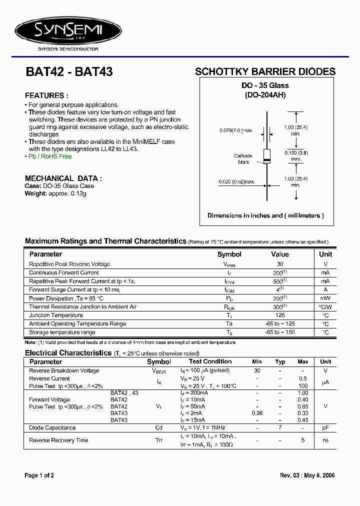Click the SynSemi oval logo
tap(68, 31)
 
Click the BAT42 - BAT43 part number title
tap(69, 72)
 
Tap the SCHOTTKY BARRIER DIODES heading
tap(265, 72)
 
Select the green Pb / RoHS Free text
tap(48, 156)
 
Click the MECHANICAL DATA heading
tap(63, 178)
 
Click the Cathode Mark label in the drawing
tap(243, 159)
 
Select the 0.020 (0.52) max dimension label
tap(236, 181)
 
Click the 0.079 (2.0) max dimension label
tap(236, 130)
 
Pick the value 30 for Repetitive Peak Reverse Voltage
tap(280, 264)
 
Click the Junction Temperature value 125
tap(280, 315)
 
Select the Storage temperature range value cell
tap(280, 332)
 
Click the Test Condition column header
tap(210, 361)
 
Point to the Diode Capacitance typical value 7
tap(280, 428)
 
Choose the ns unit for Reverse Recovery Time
tap(325, 440)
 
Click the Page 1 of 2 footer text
tap(39, 475)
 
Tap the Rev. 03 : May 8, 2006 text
tap(307, 475)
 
